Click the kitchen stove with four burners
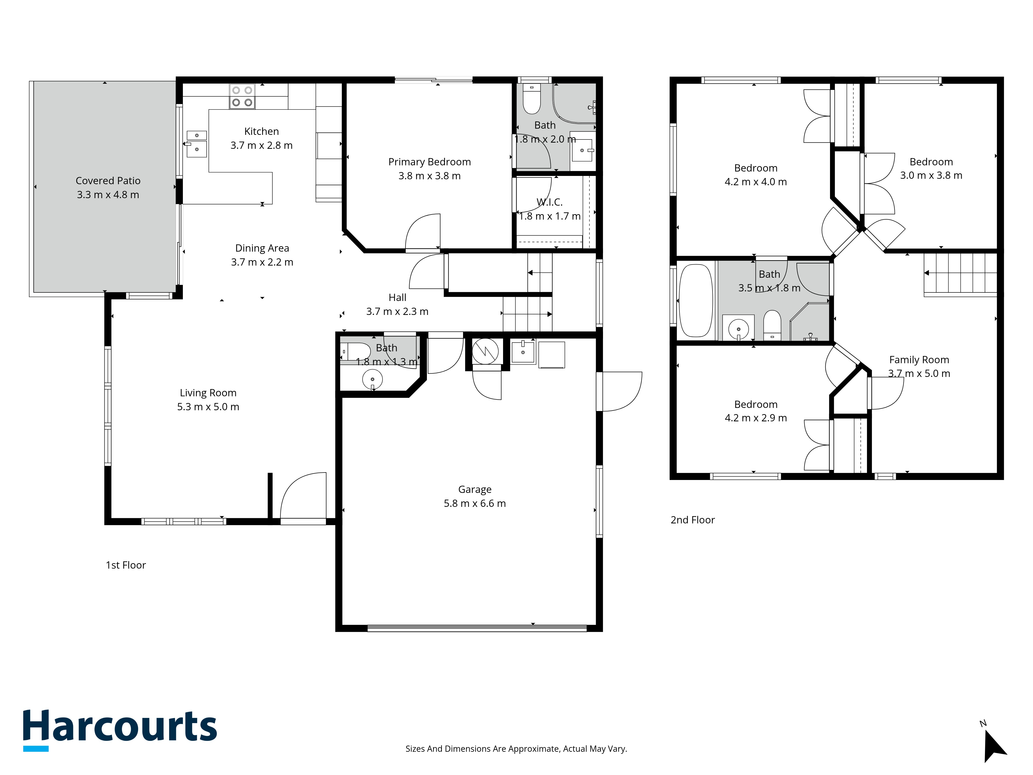point(242,97)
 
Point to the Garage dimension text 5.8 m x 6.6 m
point(475,503)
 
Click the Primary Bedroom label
point(430,162)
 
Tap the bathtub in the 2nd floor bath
point(695,300)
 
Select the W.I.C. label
point(550,202)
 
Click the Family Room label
point(919,360)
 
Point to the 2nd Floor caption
point(693,520)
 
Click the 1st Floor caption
point(126,565)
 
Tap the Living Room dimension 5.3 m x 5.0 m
point(208,407)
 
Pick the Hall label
point(397,298)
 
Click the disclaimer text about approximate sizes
point(516,749)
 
